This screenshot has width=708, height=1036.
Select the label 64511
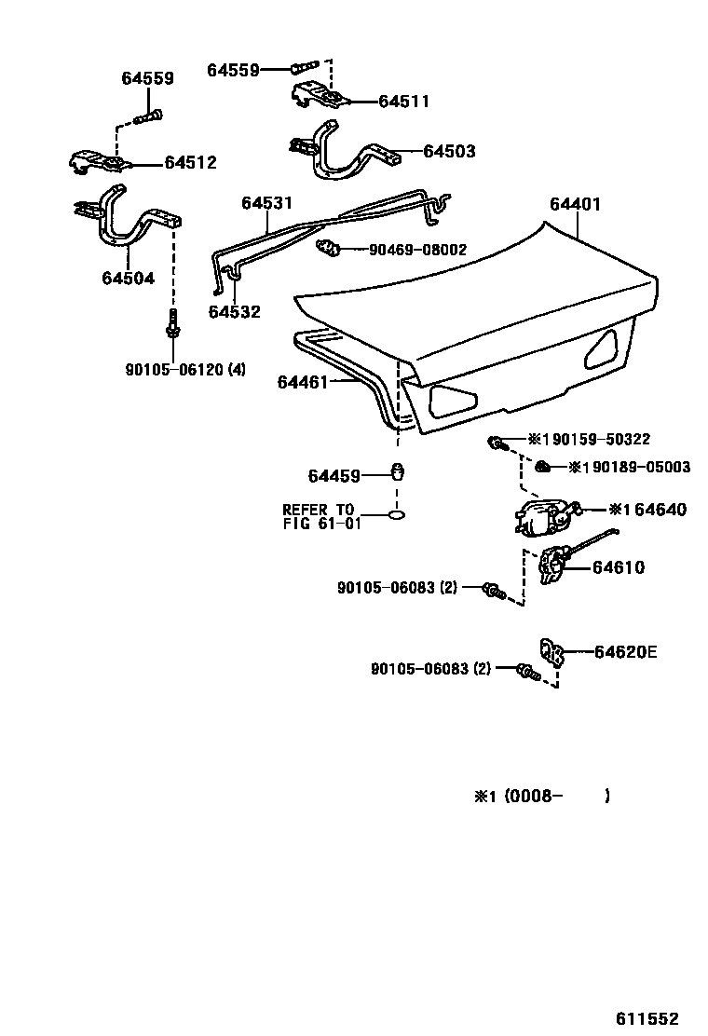[404, 102]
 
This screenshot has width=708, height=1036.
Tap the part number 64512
[190, 163]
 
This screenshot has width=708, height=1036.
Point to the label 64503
[449, 151]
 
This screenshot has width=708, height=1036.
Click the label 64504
[129, 278]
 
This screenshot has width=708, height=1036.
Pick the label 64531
[266, 202]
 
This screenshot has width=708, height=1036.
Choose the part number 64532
[235, 312]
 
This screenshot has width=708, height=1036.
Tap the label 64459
[334, 476]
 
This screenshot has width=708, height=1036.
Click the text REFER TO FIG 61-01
[320, 516]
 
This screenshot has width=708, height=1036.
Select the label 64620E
[625, 652]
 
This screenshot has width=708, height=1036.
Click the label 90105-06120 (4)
[186, 369]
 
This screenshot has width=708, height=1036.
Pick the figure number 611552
[646, 1018]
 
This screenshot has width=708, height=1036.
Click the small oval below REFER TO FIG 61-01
[396, 513]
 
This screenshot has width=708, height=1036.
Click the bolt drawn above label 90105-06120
[172, 326]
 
